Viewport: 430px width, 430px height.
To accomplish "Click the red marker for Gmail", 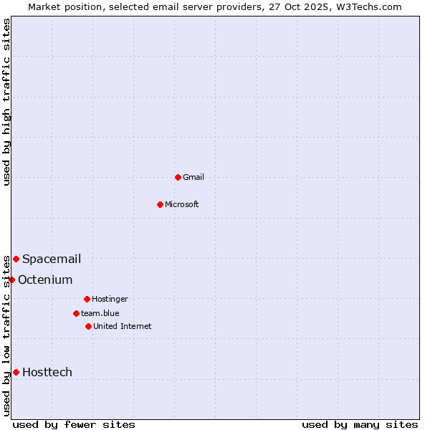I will [178, 177].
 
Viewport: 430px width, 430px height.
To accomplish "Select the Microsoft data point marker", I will [160, 204].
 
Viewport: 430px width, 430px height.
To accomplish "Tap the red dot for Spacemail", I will [16, 259].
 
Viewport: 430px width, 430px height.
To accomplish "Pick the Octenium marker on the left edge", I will [11, 279].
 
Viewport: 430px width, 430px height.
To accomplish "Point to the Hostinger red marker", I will [87, 299].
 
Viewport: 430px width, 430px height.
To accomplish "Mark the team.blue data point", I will [76, 313].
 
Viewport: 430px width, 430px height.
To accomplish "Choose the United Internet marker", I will [88, 326].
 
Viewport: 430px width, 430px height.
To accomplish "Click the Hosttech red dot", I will [16, 372].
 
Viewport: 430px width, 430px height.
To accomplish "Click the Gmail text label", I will [193, 177].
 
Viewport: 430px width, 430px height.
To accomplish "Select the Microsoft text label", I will [182, 204].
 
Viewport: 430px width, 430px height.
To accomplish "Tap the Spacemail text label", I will [52, 259].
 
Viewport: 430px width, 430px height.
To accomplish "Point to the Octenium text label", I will [45, 279].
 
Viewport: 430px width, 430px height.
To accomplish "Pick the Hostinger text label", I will [110, 299].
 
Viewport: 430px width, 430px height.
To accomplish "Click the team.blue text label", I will [100, 313].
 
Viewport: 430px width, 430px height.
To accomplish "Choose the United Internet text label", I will [123, 326].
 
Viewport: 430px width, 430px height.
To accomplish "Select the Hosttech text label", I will [47, 372].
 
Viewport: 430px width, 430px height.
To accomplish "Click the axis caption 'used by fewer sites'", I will [74, 424].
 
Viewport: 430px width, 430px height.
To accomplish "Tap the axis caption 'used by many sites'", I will [360, 424].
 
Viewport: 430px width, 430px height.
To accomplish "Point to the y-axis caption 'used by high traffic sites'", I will [6, 102].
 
